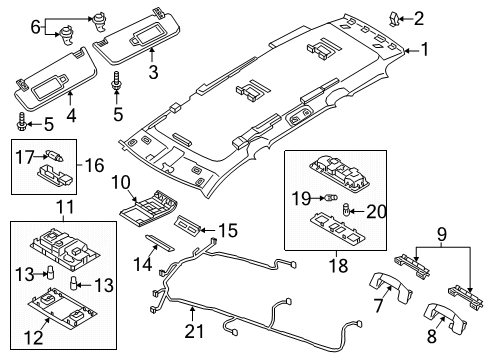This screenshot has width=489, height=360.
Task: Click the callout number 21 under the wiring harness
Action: point(194,331)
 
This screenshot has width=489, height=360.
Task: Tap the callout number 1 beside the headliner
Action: point(425,49)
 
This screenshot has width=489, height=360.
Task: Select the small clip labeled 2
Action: point(396,19)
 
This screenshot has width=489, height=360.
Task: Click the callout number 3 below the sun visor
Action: point(153,72)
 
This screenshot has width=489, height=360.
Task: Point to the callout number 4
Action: point(71,115)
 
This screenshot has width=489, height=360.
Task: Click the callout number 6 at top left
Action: point(35,27)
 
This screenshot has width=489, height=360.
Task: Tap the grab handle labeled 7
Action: point(391,287)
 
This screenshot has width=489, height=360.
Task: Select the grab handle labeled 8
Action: point(444,317)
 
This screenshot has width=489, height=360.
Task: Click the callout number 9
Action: point(441,235)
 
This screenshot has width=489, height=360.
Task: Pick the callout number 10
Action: point(121,182)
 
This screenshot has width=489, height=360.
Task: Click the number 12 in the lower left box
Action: point(33,337)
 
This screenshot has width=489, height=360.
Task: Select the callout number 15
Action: point(228,230)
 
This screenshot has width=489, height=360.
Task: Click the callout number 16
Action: point(94,165)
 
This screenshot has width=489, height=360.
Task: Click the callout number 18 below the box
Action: point(339,266)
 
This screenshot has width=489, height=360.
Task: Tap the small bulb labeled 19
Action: point(331,198)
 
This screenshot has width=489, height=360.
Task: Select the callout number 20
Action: point(376,212)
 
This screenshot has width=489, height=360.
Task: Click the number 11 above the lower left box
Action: point(64,207)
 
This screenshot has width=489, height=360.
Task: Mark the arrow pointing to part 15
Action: point(206,230)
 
